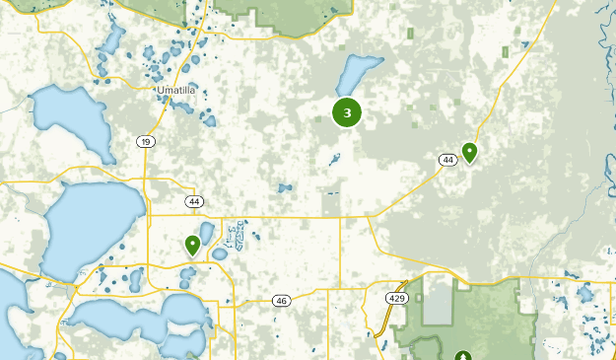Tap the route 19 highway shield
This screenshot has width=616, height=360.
146,142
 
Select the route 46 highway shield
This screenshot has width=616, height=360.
282,300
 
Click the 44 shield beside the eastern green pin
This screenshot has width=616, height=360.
447,159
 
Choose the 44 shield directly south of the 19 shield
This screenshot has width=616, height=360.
193,201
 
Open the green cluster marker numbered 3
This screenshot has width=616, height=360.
347,112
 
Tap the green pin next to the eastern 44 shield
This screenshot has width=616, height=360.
470,152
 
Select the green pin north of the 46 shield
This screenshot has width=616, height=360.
192,245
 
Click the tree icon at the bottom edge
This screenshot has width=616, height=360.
463,356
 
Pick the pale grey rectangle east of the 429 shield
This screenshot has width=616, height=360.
439,301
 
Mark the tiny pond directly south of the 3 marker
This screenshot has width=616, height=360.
336,158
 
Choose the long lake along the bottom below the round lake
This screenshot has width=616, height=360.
138,318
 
